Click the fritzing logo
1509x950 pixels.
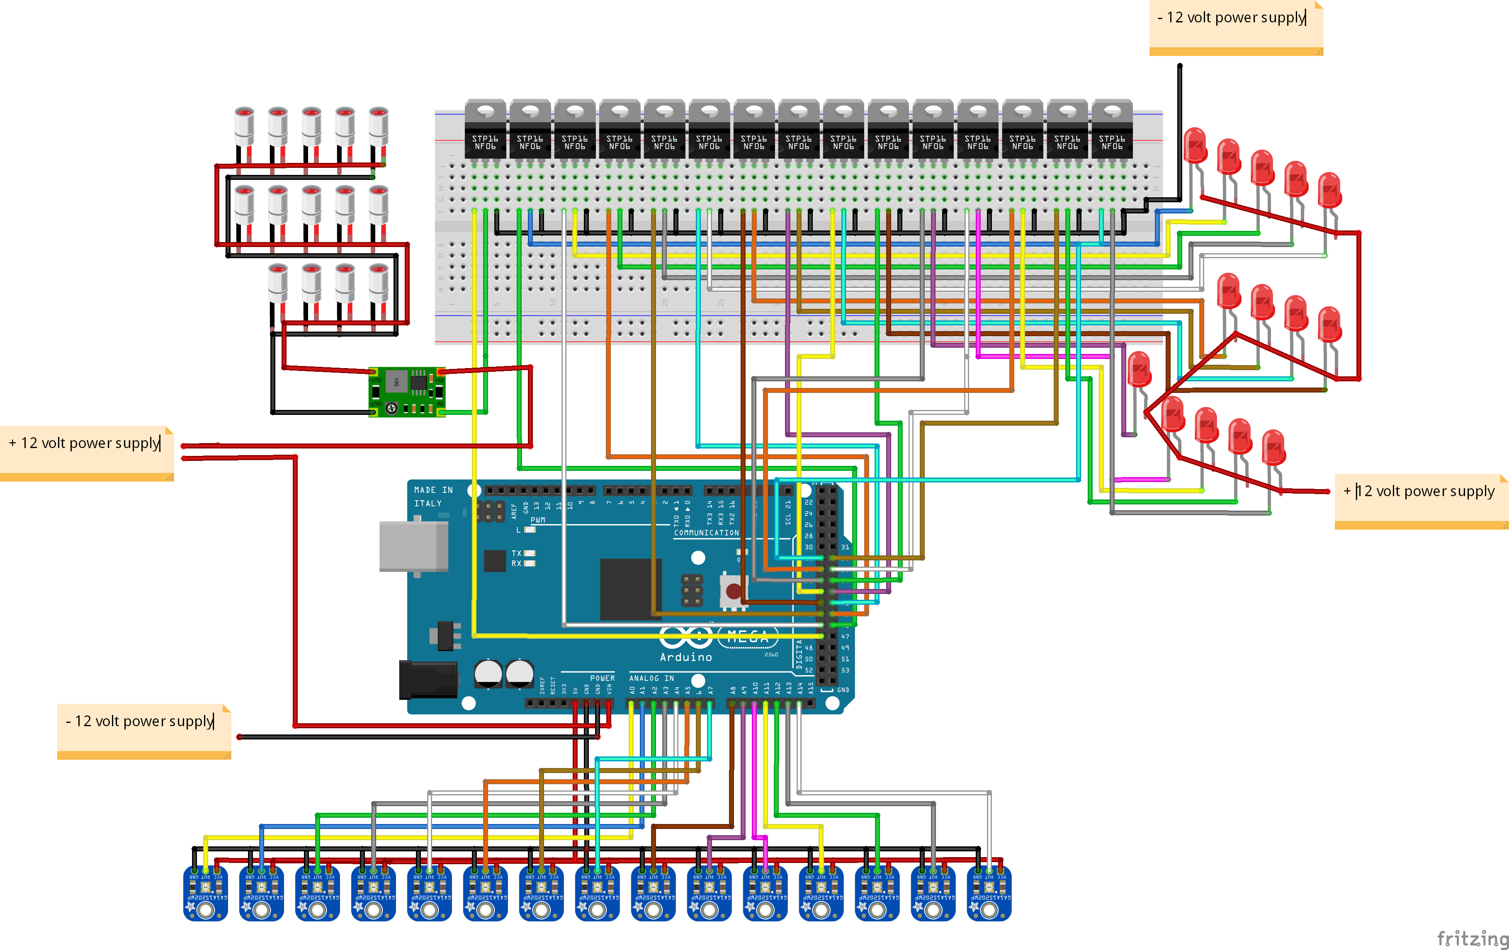1471,938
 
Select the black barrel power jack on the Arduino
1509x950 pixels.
428,679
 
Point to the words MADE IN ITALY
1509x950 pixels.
433,497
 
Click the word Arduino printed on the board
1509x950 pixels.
685,657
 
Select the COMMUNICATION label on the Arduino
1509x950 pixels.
706,533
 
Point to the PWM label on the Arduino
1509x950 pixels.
538,520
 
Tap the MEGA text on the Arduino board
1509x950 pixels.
748,637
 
